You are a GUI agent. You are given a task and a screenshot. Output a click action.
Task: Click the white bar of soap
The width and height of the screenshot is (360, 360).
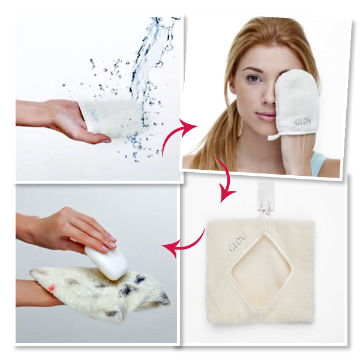point(106,263)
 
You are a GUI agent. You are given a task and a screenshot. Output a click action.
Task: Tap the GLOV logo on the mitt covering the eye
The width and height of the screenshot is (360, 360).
point(303,122)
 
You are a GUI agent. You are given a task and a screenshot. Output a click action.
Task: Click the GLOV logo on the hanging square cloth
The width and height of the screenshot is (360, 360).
point(237,242)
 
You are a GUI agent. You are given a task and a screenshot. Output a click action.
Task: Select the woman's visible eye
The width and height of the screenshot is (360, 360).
point(254,79)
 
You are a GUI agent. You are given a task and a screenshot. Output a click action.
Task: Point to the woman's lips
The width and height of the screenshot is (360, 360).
point(266,116)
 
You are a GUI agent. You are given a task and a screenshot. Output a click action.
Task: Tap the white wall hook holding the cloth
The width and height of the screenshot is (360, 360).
point(263,197)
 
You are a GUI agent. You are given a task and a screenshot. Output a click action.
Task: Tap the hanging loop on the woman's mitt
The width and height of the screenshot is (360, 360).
point(274,137)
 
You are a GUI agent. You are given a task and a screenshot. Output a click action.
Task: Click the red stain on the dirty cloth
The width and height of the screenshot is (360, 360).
point(52,287)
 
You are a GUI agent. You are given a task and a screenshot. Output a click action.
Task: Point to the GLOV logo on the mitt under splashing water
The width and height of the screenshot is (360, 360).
point(95,116)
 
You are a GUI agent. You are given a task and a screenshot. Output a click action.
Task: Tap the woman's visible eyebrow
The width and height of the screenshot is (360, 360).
point(253,70)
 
